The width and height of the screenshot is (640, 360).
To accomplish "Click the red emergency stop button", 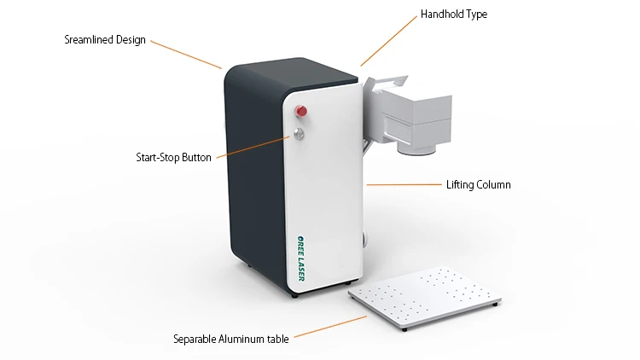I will click(301, 111).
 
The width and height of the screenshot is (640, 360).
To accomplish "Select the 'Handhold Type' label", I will click(453, 15).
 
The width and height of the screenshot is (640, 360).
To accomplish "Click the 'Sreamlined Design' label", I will click(105, 39).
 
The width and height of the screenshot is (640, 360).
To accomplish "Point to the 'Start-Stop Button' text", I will click(173, 157).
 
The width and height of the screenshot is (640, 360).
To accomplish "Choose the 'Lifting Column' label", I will click(479, 184).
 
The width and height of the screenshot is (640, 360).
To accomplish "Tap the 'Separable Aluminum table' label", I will click(230, 338).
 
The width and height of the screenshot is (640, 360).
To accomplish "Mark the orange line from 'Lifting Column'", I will click(402, 184).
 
